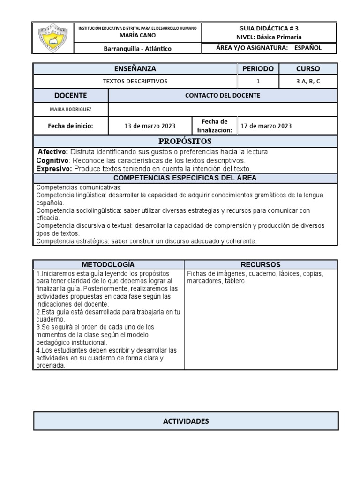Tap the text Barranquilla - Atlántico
[x=137, y=49]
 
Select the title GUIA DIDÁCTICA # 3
[x=269, y=28]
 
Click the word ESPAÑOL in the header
[x=308, y=48]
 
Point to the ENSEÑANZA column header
[x=135, y=68]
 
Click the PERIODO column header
[x=257, y=68]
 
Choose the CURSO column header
[x=308, y=68]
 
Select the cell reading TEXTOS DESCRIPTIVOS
[x=135, y=81]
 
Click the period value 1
[x=257, y=81]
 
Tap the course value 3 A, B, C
[x=308, y=81]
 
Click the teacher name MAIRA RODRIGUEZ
[x=70, y=109]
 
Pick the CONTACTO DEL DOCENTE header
[x=222, y=95]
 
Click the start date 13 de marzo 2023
[x=150, y=126]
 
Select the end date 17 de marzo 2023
[x=266, y=126]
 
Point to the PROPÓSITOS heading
[x=185, y=141]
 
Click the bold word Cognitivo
[x=53, y=160]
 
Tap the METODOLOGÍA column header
[x=108, y=264]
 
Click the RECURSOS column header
[x=260, y=264]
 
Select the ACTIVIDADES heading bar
[x=186, y=421]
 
